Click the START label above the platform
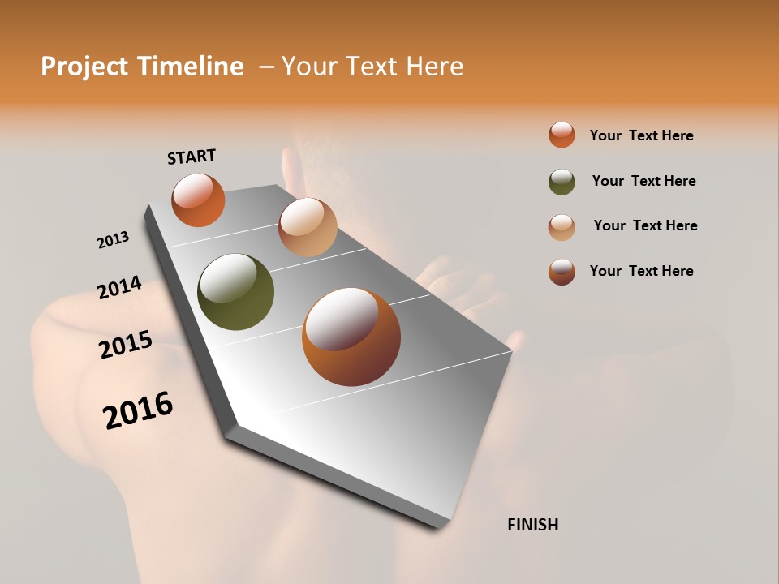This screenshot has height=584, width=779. (192, 157)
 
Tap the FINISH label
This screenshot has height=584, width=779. (532, 525)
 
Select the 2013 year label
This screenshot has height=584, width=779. (113, 240)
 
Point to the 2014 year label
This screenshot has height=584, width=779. (119, 288)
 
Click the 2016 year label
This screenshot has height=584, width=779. (138, 410)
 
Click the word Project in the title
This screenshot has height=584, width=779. (85, 67)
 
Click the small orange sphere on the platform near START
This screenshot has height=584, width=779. (198, 200)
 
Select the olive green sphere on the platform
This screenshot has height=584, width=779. (235, 292)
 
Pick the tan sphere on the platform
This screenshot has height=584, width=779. (308, 227)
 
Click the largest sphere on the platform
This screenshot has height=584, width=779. (351, 337)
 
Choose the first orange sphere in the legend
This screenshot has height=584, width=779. (562, 135)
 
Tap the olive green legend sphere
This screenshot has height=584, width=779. (562, 182)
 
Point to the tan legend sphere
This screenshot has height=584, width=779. (562, 226)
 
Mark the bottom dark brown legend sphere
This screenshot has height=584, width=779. (562, 272)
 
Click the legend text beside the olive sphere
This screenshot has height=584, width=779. (643, 181)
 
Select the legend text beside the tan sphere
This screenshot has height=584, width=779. (645, 225)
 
